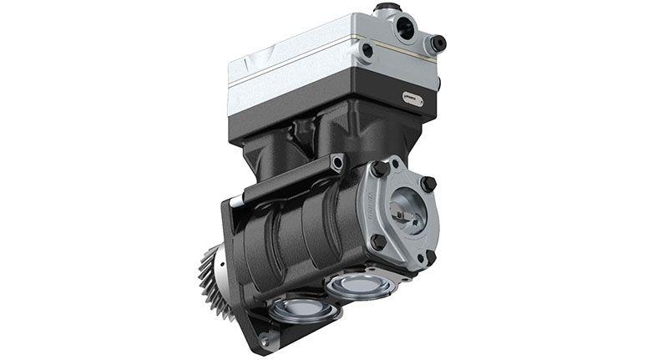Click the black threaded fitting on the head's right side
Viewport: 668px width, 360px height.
pyautogui.click(x=436, y=43)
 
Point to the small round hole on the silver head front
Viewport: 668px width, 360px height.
pyautogui.click(x=367, y=50)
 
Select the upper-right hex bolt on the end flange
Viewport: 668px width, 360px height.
pyautogui.click(x=428, y=184)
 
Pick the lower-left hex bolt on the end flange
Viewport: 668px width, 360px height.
pyautogui.click(x=377, y=241)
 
